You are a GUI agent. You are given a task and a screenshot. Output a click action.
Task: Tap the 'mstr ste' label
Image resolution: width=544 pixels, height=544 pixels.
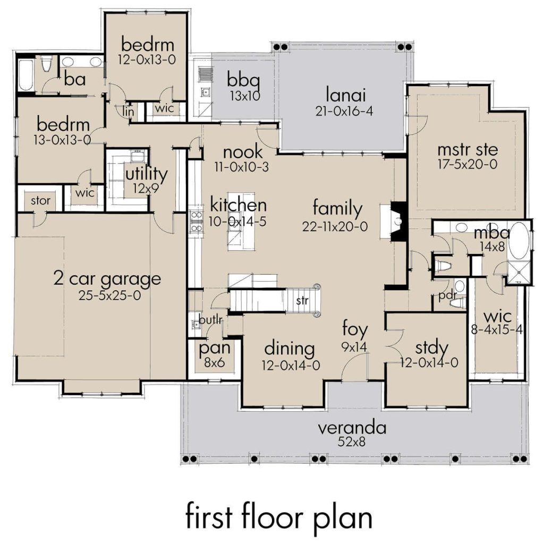pos(467,149)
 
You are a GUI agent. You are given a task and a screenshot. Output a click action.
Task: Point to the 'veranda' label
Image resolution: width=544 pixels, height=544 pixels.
pos(352,428)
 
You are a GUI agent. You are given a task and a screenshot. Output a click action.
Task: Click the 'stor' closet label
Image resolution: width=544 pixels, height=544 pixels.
pos(40,201)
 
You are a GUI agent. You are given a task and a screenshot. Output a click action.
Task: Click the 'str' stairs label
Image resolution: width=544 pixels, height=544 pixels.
pos(302,301)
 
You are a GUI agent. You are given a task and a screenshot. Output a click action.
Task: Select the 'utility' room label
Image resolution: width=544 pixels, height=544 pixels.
pos(146,174)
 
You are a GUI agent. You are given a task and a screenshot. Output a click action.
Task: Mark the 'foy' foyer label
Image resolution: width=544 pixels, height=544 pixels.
pos(355,330)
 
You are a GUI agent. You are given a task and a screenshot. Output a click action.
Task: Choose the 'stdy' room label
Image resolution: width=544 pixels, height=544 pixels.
pos(431,349)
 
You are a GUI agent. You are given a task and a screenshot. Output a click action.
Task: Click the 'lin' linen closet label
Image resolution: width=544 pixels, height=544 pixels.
pos(128,112)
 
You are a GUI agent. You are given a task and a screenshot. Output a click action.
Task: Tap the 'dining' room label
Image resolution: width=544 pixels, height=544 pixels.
pos(290,349)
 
